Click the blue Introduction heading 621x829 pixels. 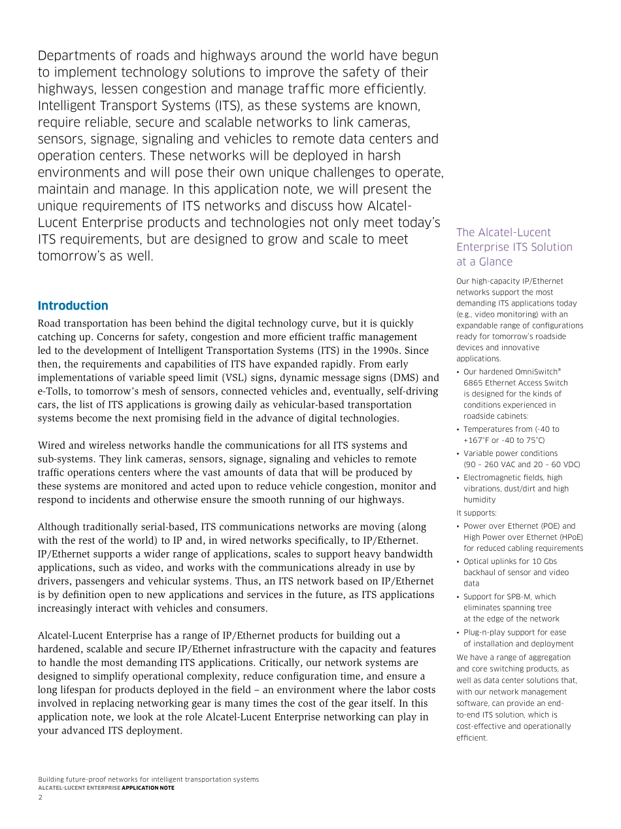(73, 306)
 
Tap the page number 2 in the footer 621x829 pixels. (40, 797)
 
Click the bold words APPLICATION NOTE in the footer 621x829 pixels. (148, 788)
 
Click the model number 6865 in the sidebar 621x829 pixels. (474, 383)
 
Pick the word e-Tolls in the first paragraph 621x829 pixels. (52, 391)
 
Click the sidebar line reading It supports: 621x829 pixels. (477, 513)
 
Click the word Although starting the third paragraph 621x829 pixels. (60, 527)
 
